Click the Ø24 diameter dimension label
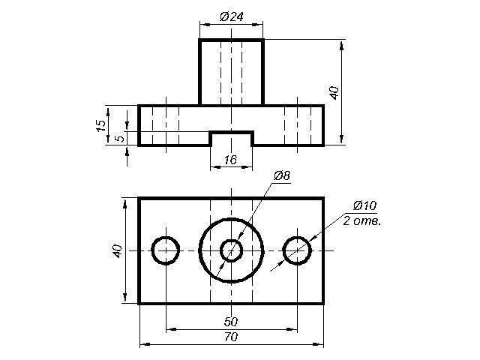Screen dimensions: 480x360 232,16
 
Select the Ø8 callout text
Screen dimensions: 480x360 282,176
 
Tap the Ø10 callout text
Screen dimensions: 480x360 364,205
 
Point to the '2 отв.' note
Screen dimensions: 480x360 362,220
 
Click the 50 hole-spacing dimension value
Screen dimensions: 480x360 231,322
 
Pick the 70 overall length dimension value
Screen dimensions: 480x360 231,337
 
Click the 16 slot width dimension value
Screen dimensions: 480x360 230,160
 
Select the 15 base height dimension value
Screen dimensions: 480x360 100,125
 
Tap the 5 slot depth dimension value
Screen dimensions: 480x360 121,139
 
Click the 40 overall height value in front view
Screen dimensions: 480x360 334,93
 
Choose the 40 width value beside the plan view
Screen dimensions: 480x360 118,251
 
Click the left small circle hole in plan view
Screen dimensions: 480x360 166,250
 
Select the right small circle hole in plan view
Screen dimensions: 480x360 297,250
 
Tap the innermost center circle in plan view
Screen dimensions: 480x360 232,250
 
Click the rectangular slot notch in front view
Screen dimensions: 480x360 232,139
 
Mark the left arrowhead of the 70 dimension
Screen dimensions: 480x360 145,344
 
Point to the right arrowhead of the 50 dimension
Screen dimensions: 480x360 292,329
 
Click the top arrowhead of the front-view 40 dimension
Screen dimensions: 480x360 342,45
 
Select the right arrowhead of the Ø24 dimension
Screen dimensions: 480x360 257,25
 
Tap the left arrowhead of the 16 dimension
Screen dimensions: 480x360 216,167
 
